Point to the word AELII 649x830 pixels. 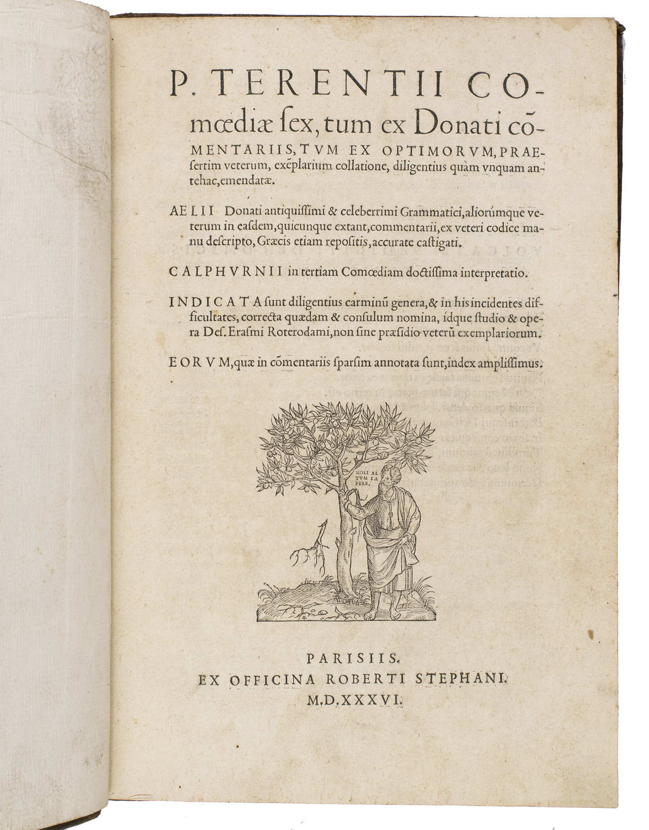191,211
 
